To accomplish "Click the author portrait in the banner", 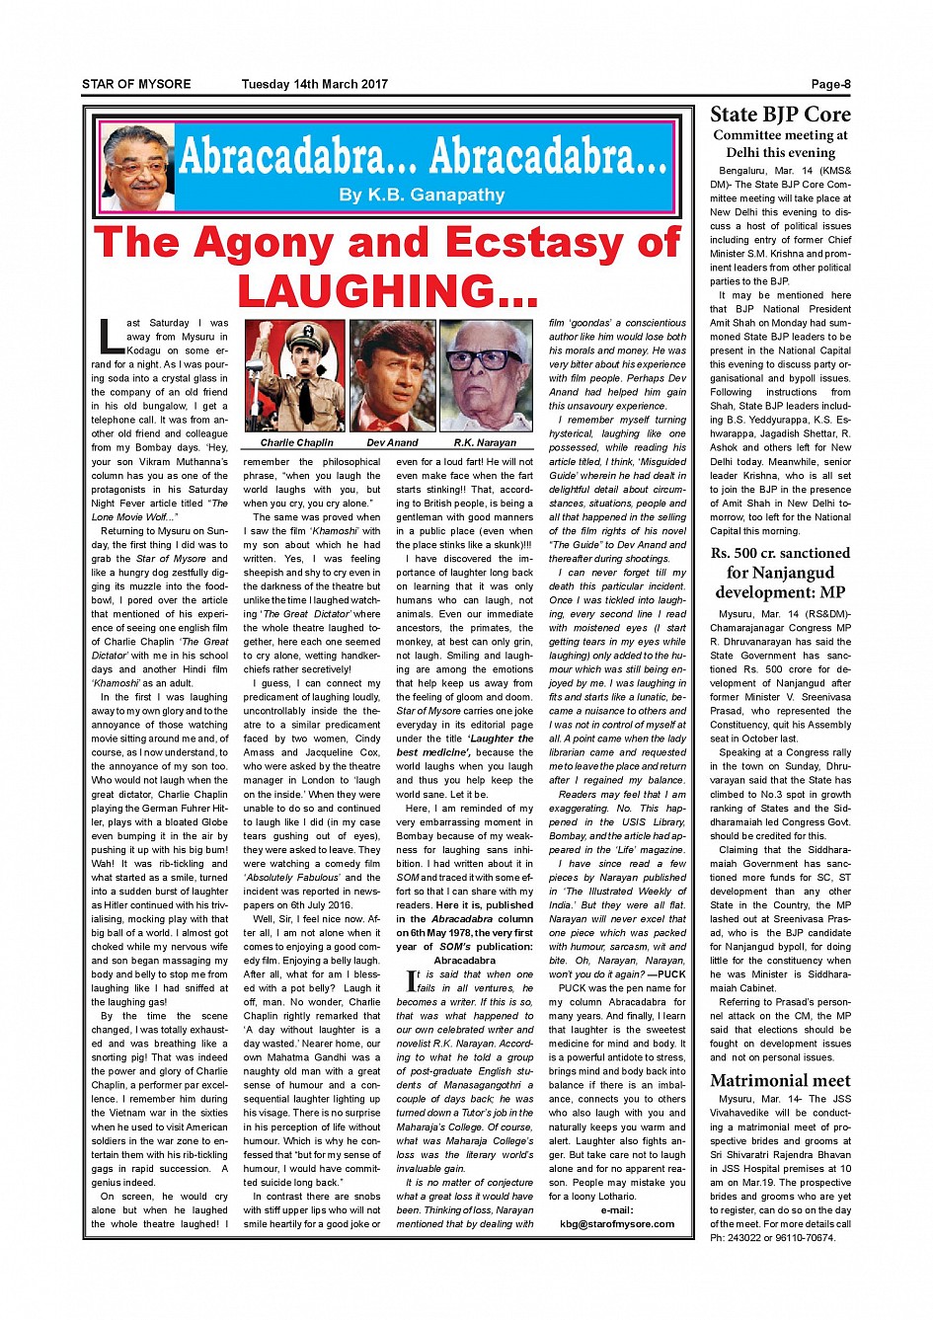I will [x=137, y=168].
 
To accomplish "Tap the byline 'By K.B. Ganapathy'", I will [x=422, y=194].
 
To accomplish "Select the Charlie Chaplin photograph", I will [x=294, y=376].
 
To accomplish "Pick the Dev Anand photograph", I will [x=393, y=376].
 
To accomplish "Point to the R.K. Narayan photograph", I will [x=486, y=376].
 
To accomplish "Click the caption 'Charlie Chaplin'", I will [x=296, y=442].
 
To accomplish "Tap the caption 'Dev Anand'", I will [x=393, y=442].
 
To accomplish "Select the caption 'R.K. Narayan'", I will [x=486, y=442].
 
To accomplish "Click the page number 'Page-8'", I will [x=830, y=84].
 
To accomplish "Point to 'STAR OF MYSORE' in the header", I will [x=136, y=84].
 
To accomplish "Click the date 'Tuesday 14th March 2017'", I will [x=314, y=84].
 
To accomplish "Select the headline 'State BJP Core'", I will [x=780, y=115].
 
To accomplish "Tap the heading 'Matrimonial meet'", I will [x=780, y=1080].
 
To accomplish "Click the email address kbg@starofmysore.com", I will [x=617, y=1223].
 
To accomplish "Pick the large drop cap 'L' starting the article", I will [x=110, y=337].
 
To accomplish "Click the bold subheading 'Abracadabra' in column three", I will [x=465, y=960].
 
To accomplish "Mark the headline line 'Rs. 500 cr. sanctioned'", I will [x=780, y=553].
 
